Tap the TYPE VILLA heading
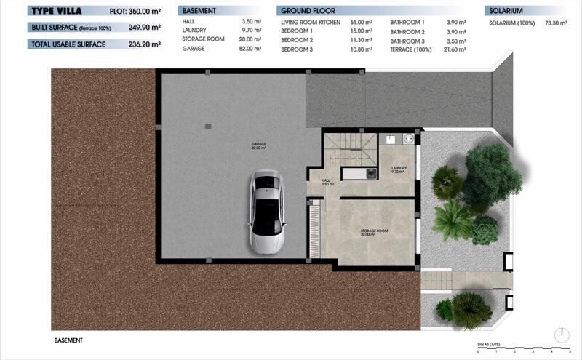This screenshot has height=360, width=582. point(56,11)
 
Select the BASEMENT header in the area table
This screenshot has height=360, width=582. point(199,12)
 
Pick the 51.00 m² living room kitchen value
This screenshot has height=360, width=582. point(362,23)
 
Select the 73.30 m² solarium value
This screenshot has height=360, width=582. point(557,23)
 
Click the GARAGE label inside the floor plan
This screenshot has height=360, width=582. point(258,145)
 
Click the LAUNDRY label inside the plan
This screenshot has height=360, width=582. point(399,169)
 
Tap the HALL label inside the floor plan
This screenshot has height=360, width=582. point(325,181)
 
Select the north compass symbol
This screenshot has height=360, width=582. point(561,335)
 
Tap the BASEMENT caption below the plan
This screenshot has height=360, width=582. point(68,340)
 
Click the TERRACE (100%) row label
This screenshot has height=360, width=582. point(410,48)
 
